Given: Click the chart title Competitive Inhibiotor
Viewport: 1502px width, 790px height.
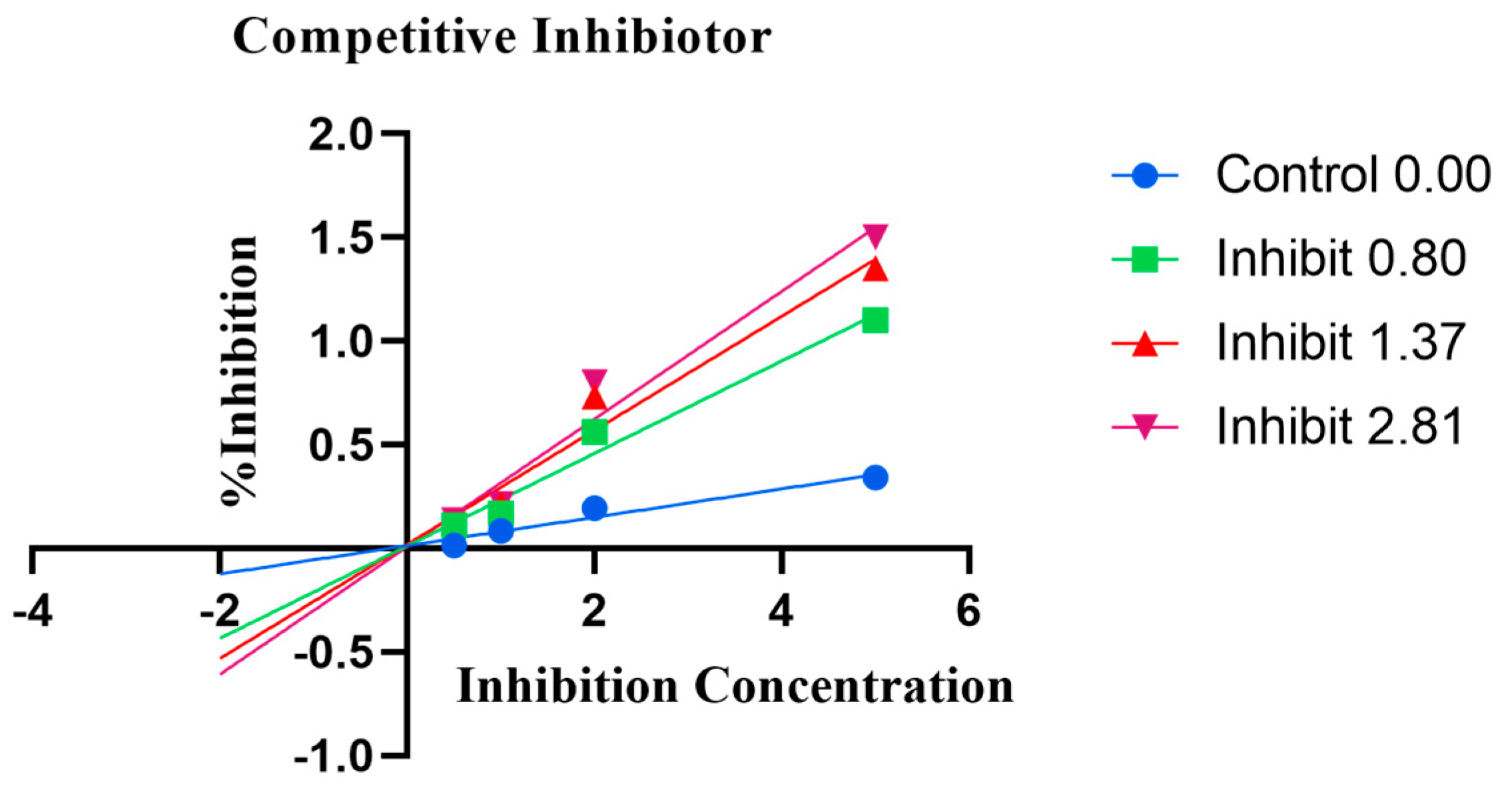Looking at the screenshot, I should pos(502,38).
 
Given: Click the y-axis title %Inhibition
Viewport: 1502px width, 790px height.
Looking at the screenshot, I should pos(238,371).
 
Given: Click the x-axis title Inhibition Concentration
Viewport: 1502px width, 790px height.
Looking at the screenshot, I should pos(735,687).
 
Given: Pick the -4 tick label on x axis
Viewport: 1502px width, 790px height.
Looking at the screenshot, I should pos(33,611).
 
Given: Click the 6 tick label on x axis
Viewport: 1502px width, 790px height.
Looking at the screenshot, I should pos(968,611).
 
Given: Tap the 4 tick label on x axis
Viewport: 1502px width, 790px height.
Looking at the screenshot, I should pos(781,611).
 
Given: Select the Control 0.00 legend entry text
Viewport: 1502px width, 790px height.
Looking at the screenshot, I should pos(1353,175).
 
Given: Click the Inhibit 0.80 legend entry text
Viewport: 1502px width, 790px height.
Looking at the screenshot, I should pos(1341,258).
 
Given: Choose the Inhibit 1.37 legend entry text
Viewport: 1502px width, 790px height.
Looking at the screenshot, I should pos(1341,342).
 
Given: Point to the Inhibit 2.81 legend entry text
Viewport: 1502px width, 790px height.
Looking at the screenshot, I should pos(1341,426).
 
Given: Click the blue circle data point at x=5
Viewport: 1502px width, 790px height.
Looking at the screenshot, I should pos(875,478).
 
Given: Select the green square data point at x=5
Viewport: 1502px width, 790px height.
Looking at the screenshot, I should pos(875,320).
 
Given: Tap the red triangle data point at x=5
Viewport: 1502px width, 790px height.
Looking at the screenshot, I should pos(875,270).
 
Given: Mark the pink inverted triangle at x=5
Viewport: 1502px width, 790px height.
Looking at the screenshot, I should pos(875,234).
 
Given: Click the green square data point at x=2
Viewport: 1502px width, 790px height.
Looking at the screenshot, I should pos(594,432).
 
